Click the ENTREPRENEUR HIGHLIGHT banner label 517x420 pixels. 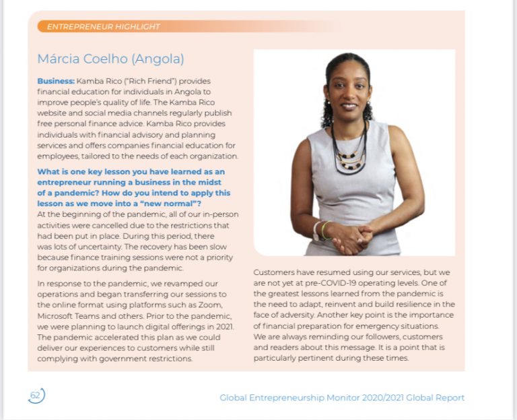[x=104, y=27]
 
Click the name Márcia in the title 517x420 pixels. [x=59, y=59]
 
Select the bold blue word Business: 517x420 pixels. [x=55, y=81]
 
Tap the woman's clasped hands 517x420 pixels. [x=350, y=234]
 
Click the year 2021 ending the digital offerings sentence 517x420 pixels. [x=222, y=326]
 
